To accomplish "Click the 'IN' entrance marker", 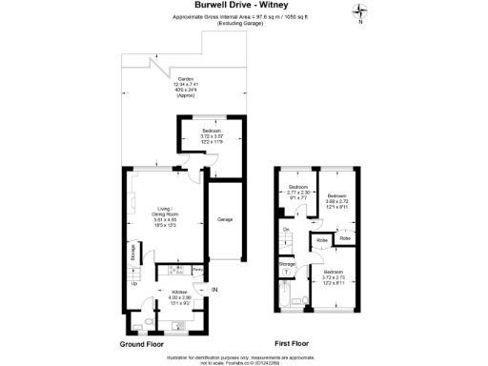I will (x=214, y=289).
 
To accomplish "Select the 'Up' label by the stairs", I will (x=133, y=284).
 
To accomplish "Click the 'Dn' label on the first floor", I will (x=286, y=230).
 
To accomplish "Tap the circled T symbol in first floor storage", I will (x=286, y=271).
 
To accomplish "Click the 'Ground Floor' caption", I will (x=144, y=343).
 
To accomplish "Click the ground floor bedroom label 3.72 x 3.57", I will (x=205, y=133).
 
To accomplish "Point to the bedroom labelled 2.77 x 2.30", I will (x=299, y=191).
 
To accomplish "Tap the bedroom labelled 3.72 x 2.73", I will (x=335, y=276).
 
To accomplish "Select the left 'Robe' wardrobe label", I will (x=323, y=240).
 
